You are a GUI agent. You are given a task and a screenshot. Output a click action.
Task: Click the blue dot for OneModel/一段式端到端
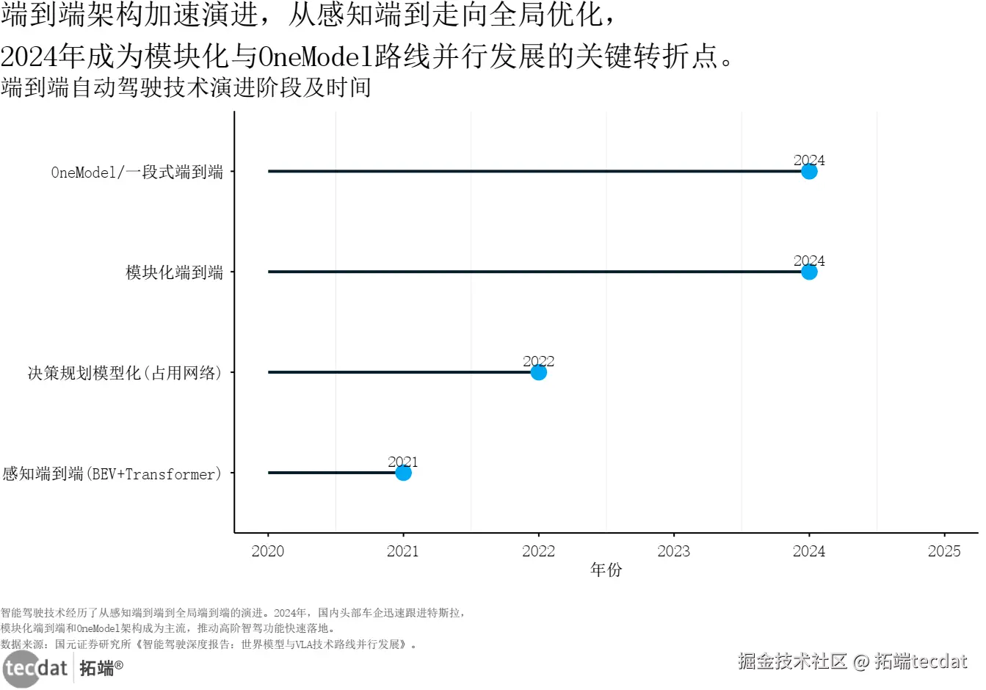tap(808, 172)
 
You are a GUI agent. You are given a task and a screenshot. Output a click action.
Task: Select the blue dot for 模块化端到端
tap(808, 272)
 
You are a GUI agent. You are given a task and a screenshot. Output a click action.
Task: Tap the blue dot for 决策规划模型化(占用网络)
tap(538, 373)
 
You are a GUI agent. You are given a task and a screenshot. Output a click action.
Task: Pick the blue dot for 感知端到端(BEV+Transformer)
tap(403, 473)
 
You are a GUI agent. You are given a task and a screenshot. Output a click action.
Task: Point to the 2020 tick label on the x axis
tap(268, 551)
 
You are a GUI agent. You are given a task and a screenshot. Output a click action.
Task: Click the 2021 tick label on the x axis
tap(403, 551)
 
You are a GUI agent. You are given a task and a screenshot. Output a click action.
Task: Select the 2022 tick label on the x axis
tap(538, 551)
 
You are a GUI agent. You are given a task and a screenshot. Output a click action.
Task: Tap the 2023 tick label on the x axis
tap(673, 551)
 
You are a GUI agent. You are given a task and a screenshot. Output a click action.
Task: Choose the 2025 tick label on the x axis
tap(943, 551)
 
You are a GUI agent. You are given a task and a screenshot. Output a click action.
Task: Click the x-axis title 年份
tap(606, 570)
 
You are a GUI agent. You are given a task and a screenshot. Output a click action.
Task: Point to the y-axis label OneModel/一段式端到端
tap(137, 172)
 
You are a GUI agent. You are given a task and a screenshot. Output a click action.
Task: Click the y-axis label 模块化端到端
tap(174, 273)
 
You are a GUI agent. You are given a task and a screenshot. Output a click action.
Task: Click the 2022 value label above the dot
tap(538, 361)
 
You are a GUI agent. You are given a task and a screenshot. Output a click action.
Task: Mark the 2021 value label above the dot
tap(402, 462)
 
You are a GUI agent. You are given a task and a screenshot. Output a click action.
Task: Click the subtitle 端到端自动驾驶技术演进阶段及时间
tap(186, 87)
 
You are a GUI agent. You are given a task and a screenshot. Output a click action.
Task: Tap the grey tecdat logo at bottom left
tap(35, 669)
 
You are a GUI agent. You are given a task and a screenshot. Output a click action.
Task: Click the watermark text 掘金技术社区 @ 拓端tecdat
tap(852, 661)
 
